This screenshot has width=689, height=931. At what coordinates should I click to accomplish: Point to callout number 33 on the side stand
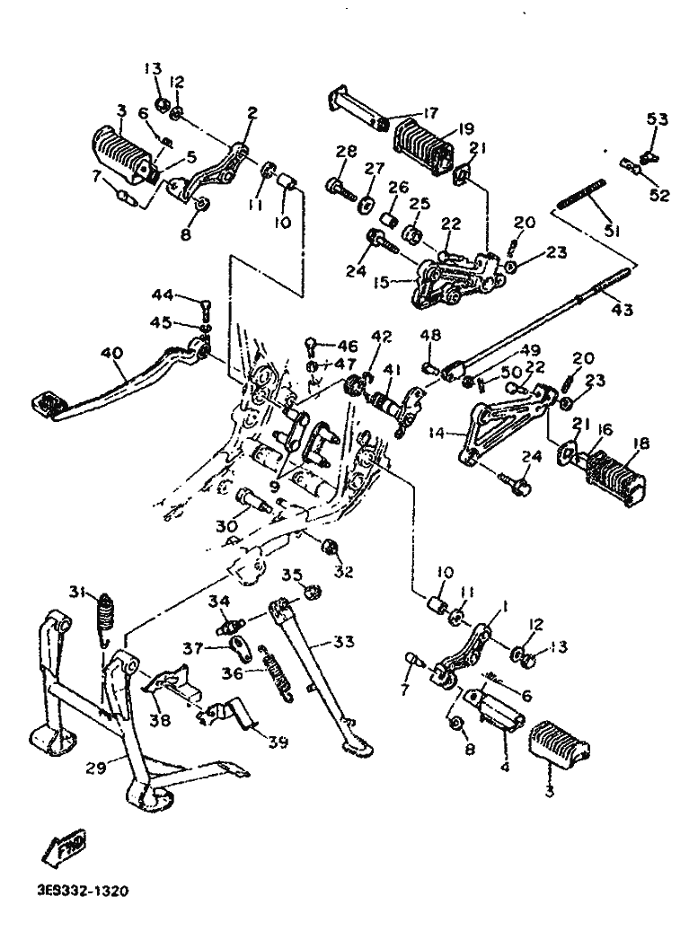tap(342, 641)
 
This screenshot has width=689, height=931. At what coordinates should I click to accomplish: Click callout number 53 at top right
tap(658, 119)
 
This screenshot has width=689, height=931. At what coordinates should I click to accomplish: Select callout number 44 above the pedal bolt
tap(161, 295)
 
